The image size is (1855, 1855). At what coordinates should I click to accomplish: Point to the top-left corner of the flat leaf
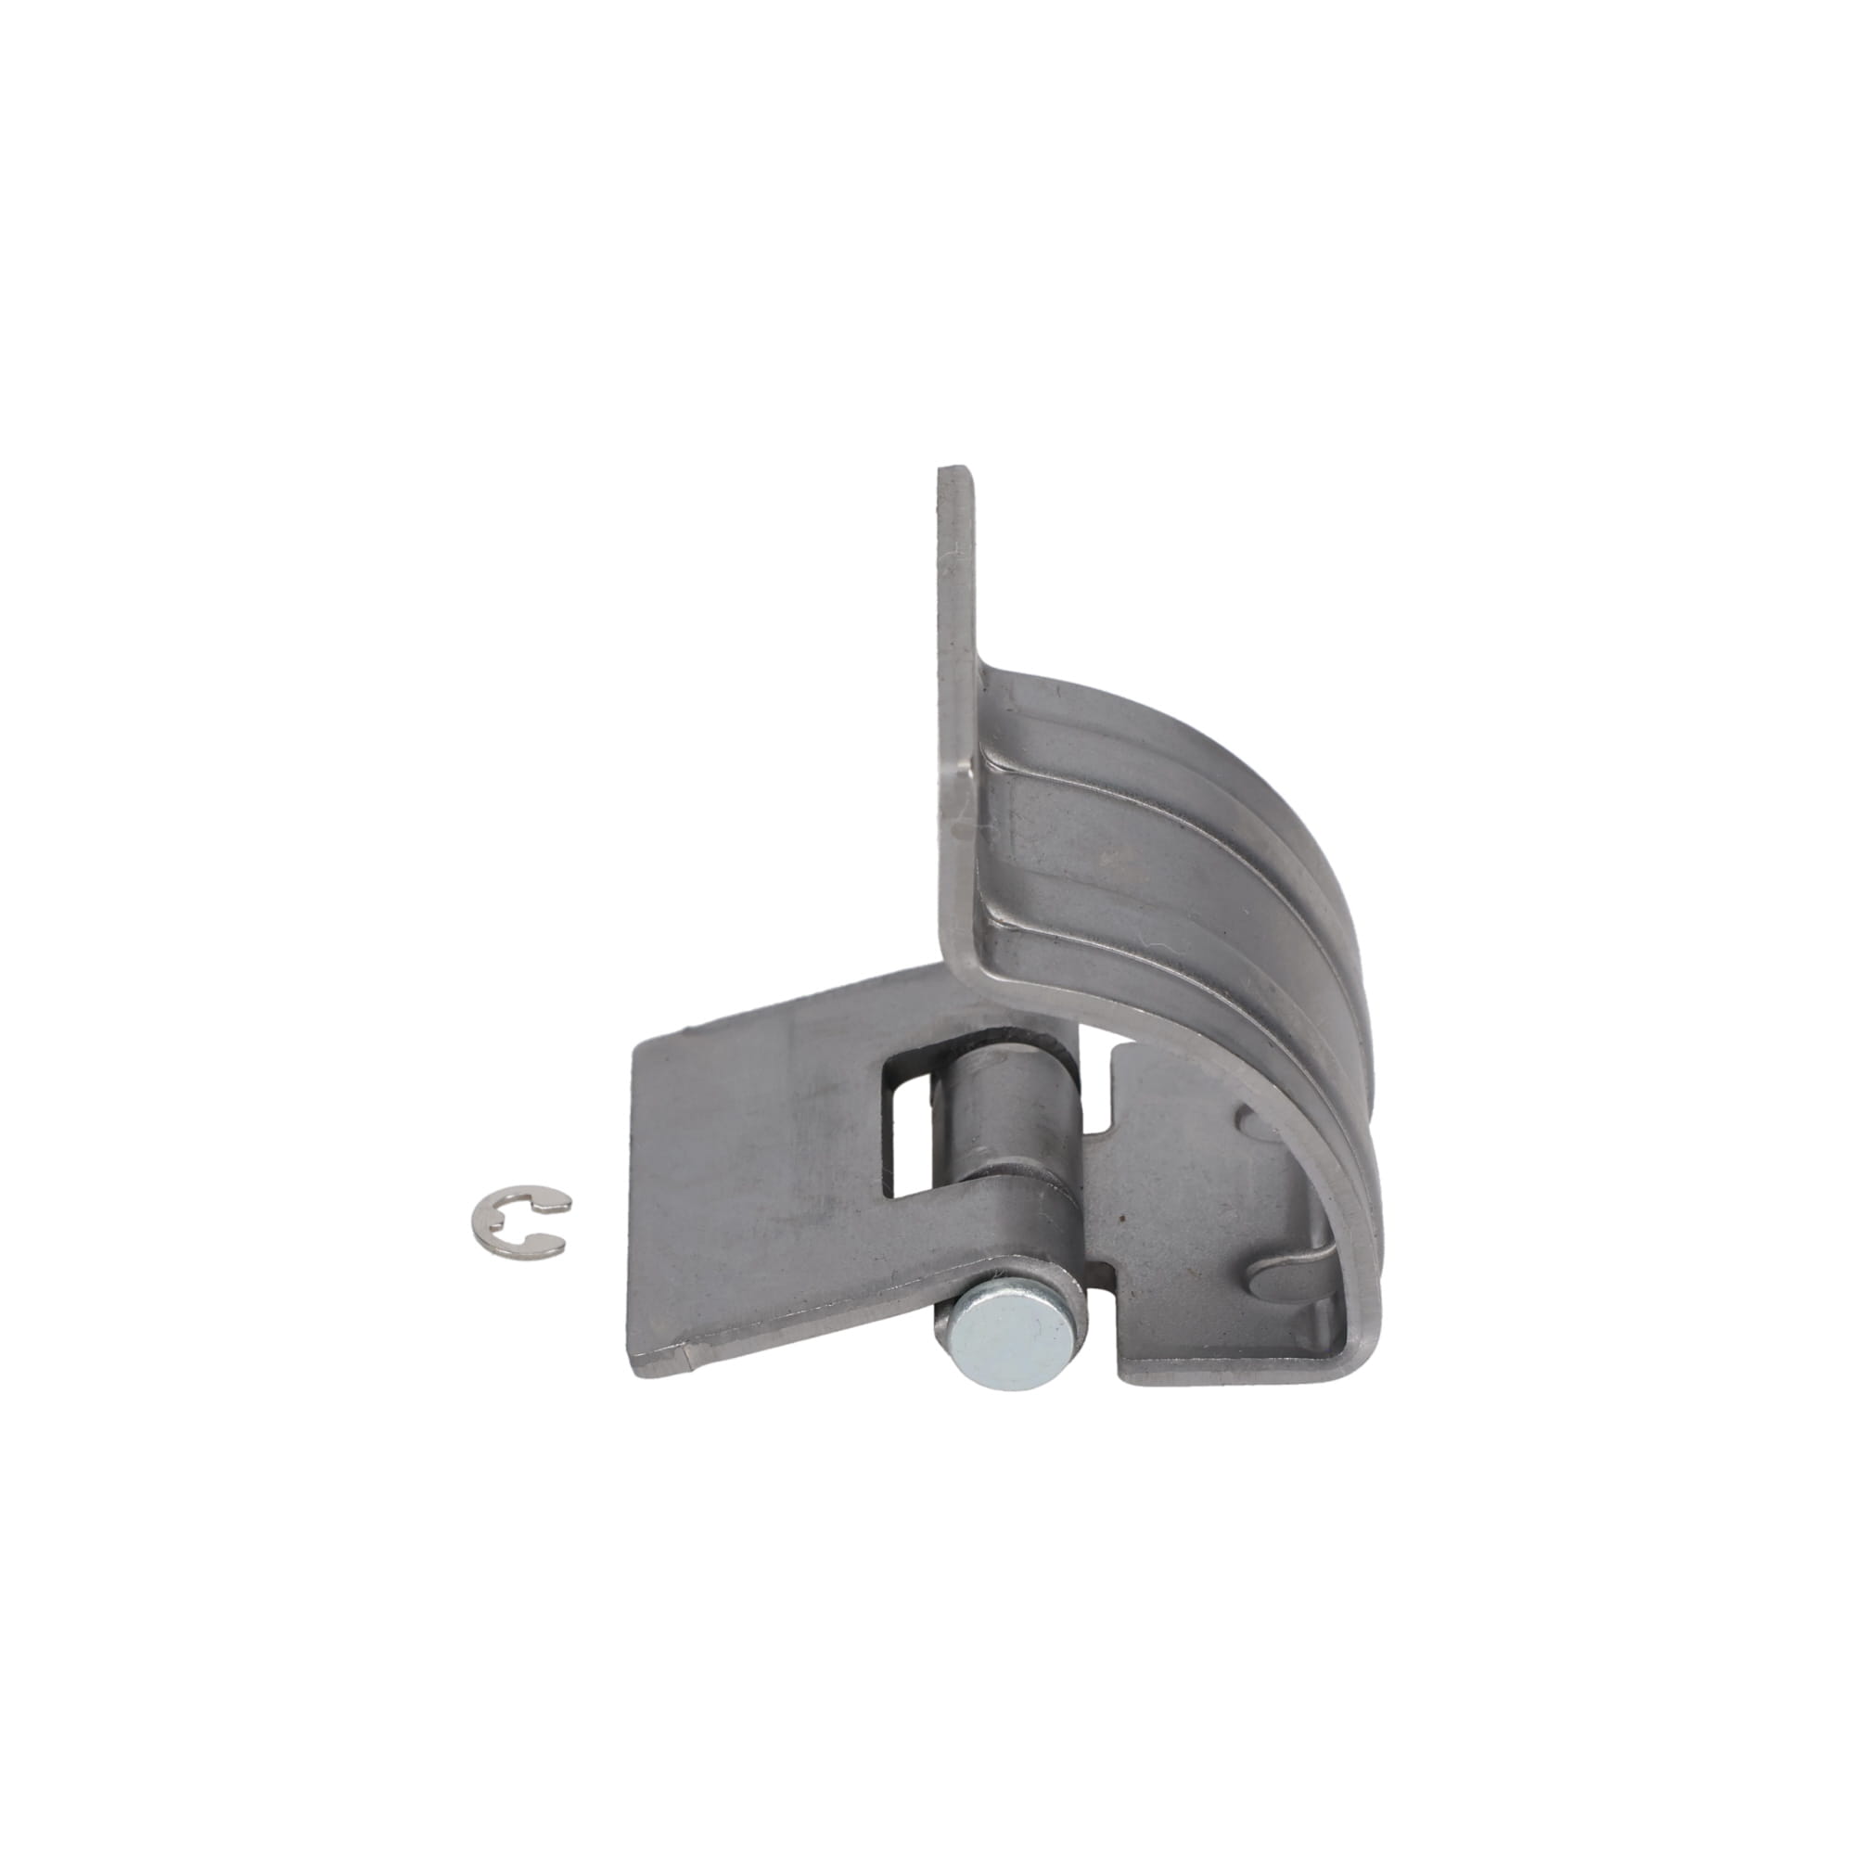point(636,1048)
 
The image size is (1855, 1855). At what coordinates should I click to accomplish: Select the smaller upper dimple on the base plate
point(1248,1118)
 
